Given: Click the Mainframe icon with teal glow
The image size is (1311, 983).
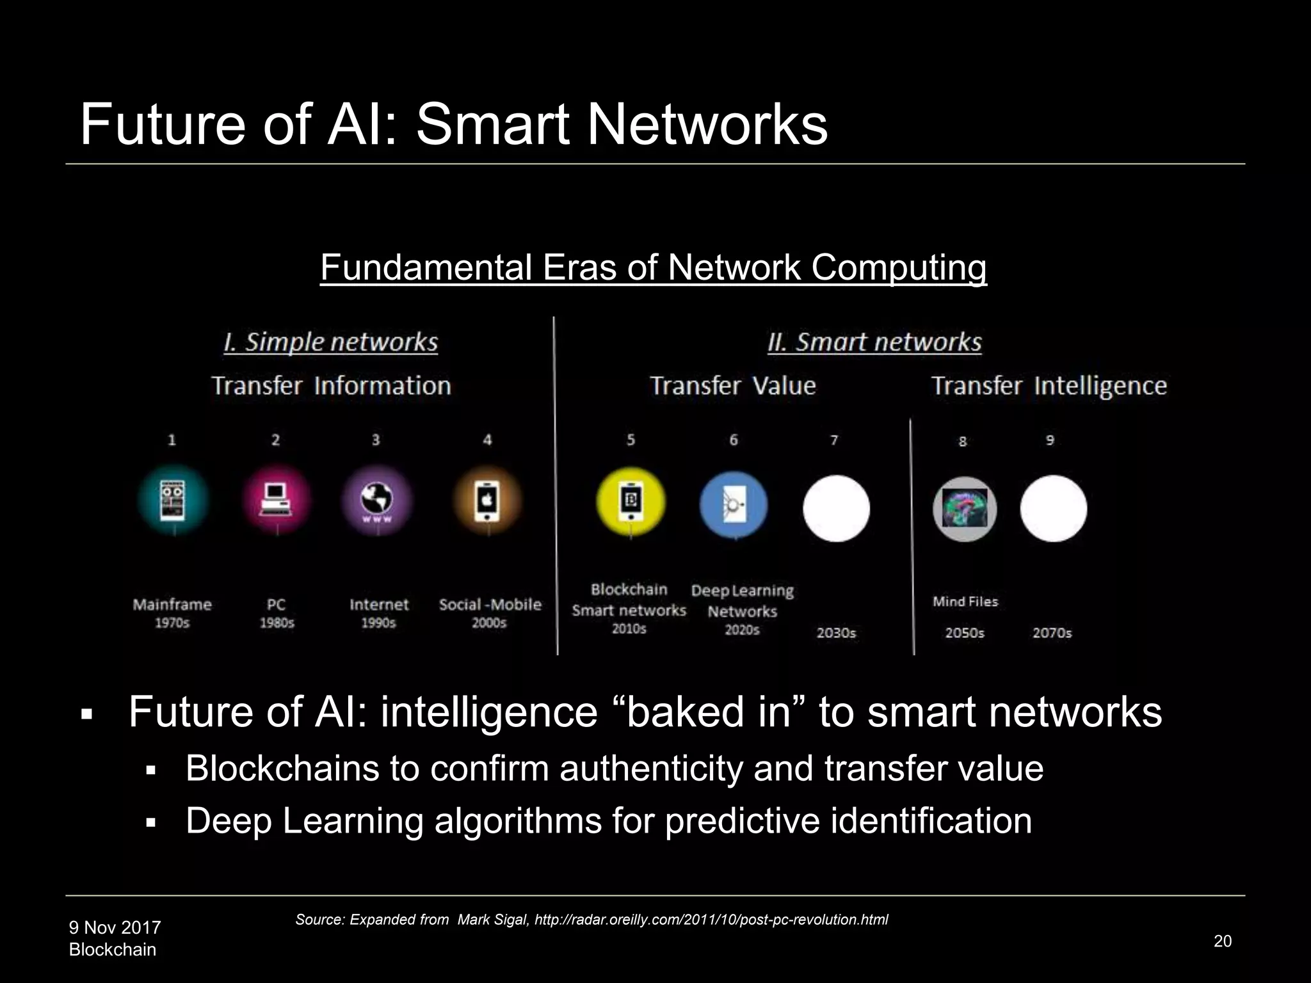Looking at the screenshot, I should tap(172, 500).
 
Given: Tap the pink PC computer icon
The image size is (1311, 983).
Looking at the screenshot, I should tap(277, 500).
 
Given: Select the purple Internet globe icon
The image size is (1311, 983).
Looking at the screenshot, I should tap(377, 500).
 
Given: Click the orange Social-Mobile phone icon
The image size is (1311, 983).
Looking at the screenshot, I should tap(487, 500).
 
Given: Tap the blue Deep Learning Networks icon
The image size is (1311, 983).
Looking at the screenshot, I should tap(734, 506).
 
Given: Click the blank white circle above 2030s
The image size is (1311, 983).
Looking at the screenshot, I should tap(836, 509).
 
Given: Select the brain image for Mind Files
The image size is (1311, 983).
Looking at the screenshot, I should tap(965, 509).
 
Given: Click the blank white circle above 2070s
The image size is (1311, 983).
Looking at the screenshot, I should tap(1053, 509).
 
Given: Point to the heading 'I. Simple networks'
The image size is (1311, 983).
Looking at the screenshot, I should tap(331, 342).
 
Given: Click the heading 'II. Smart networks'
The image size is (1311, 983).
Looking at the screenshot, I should tap(874, 342).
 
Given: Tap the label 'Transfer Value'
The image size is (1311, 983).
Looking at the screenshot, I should tap(733, 386).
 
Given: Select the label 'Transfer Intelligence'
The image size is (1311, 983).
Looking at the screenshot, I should tap(1049, 386).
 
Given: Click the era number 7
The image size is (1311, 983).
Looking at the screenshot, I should tap(834, 440).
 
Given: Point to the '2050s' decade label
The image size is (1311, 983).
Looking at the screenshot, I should tap(965, 633).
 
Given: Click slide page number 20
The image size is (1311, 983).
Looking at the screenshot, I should tap(1222, 941).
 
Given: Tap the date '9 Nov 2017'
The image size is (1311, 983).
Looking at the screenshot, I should tap(115, 927).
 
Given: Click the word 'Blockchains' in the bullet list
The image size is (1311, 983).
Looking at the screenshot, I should tap(282, 769).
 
